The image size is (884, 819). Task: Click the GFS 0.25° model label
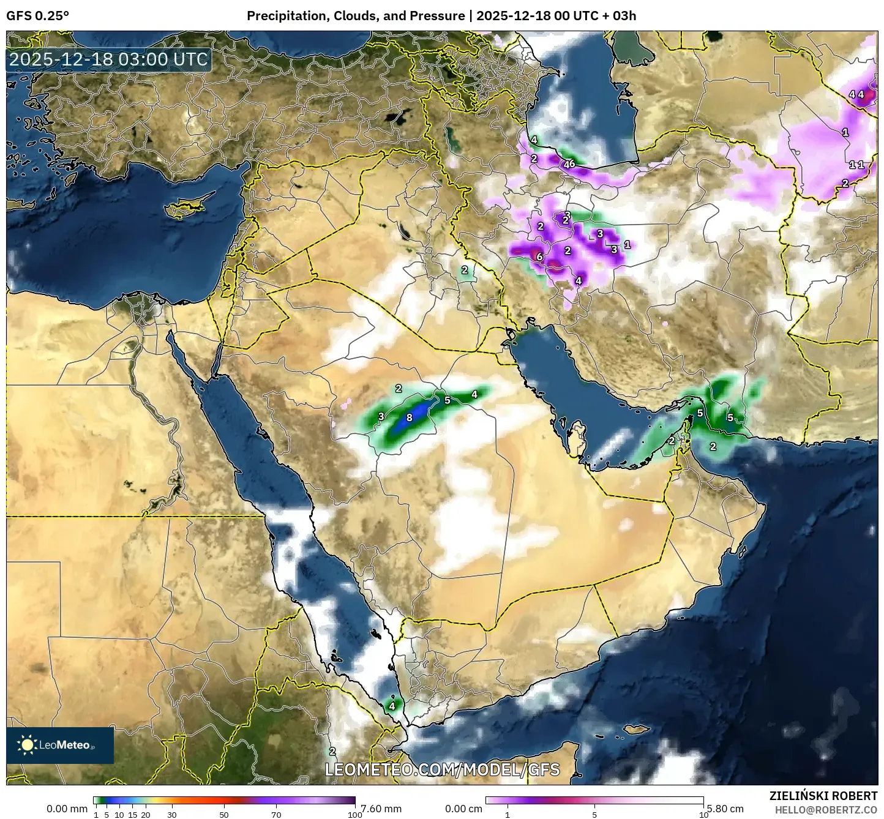[37, 16]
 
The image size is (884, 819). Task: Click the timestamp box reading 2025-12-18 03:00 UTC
[108, 60]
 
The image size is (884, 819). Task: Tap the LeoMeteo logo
[60, 745]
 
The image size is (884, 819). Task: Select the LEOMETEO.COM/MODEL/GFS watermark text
[442, 769]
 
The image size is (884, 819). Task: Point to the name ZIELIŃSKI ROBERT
[823, 796]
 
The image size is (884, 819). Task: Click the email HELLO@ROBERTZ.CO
[826, 809]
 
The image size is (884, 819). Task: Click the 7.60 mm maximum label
[381, 809]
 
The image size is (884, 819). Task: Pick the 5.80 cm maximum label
[724, 809]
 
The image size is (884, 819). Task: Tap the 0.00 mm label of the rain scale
[67, 809]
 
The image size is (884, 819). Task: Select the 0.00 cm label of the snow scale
[463, 809]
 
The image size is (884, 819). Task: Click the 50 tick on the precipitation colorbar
[224, 815]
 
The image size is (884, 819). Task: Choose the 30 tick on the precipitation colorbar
[172, 815]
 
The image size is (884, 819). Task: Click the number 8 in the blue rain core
[410, 417]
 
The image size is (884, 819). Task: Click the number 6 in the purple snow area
[539, 256]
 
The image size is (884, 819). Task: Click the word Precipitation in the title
[288, 16]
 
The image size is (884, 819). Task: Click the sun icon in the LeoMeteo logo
[27, 745]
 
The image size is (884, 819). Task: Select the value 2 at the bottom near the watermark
[332, 751]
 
